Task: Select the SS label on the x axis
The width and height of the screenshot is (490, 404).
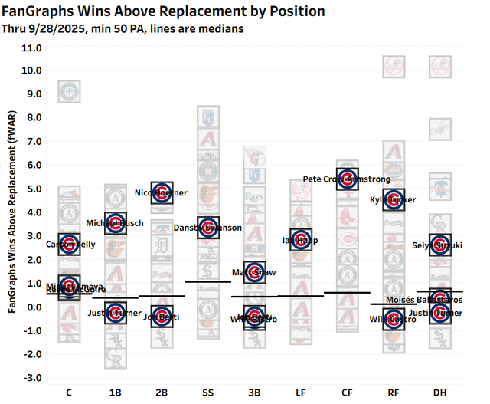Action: tap(207, 393)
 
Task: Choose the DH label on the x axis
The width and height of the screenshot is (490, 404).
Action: tap(439, 393)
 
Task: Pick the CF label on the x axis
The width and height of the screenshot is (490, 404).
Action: tap(347, 393)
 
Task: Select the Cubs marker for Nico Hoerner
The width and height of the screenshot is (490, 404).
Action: tap(162, 192)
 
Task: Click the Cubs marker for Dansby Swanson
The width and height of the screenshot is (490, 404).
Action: tap(207, 228)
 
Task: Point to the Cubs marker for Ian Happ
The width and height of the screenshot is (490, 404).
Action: tap(301, 240)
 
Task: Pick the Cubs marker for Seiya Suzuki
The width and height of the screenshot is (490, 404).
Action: tap(439, 245)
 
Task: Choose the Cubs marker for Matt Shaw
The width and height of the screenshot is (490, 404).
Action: tap(254, 272)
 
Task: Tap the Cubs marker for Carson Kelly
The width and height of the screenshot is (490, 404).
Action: tap(69, 245)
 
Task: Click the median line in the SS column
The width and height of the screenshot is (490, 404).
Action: tap(207, 282)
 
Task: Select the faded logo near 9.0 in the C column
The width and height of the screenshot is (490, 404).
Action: tap(69, 92)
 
